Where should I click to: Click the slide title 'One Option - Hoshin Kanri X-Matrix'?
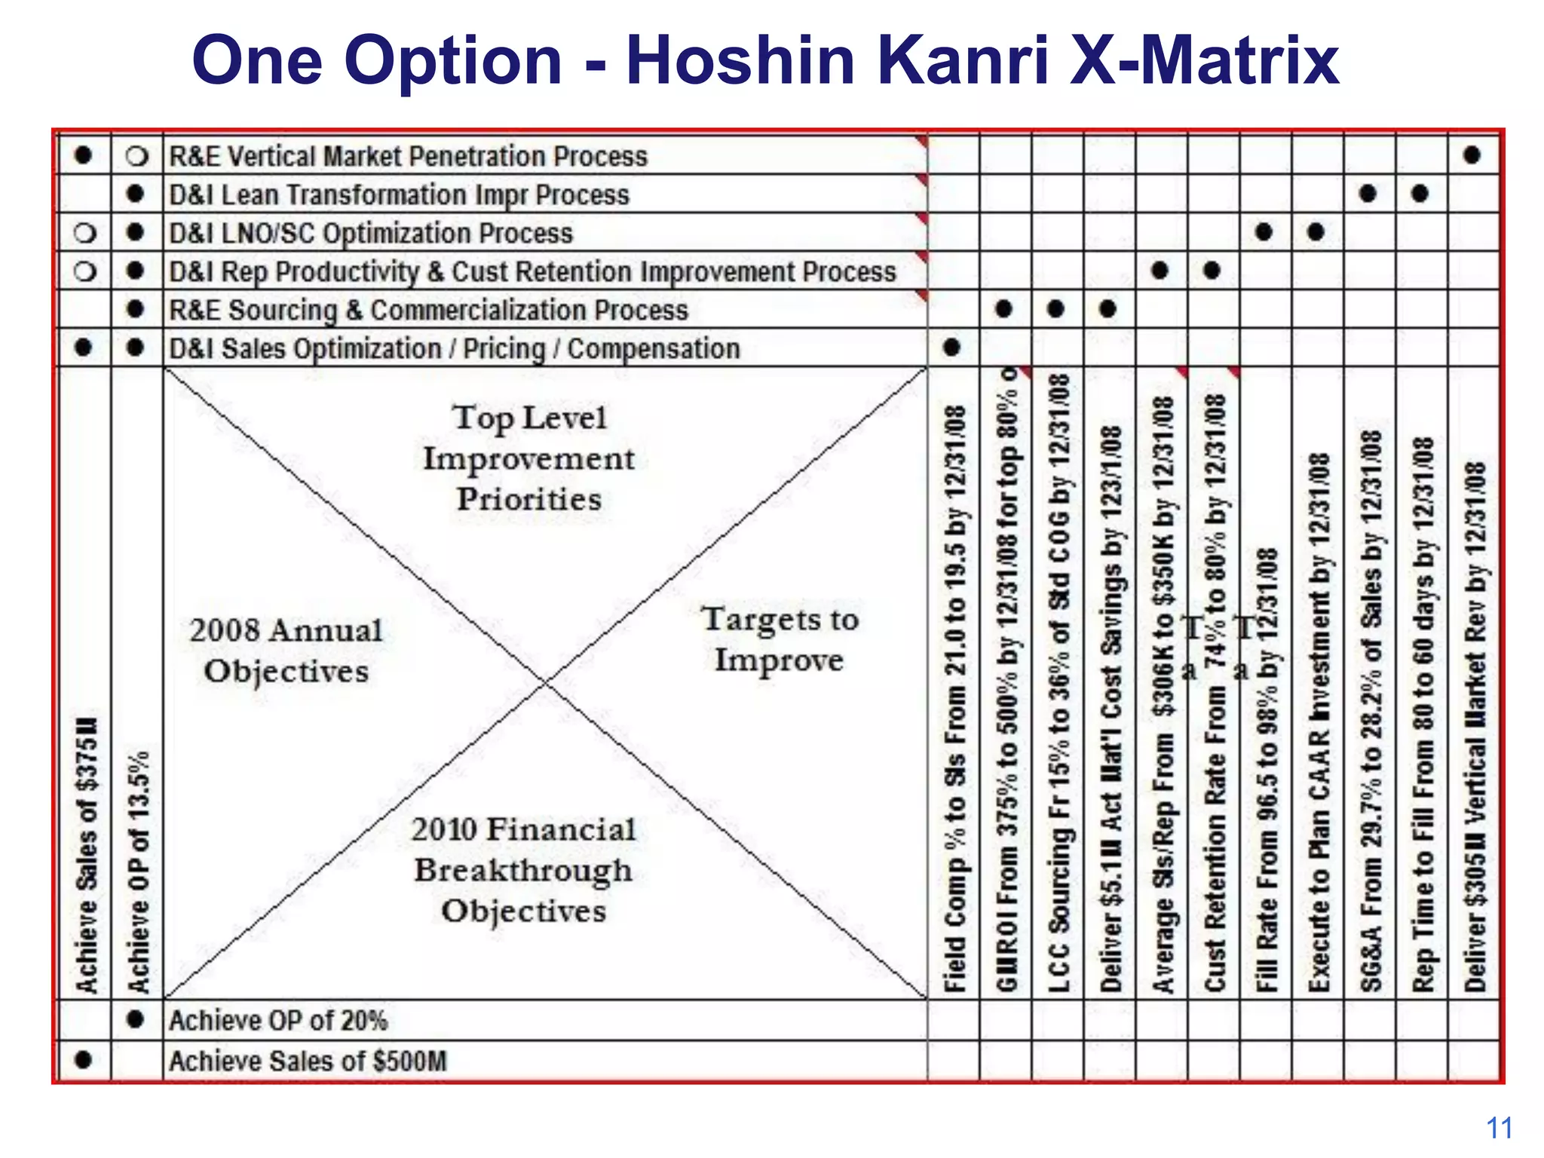764,60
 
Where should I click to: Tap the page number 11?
1499,1129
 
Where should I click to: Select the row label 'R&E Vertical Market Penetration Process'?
408,156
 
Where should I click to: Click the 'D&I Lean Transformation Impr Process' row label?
399,195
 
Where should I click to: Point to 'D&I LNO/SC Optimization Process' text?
371,233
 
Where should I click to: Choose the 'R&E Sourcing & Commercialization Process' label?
428,310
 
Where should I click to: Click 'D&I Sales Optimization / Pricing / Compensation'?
454,349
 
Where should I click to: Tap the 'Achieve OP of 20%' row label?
278,1020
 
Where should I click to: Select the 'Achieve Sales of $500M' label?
308,1061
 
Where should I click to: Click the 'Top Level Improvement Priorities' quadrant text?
529,458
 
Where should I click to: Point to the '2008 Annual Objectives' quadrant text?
286,651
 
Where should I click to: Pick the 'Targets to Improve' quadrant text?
780,639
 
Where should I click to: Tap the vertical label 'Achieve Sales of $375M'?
86,852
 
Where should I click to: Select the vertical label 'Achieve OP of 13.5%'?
138,871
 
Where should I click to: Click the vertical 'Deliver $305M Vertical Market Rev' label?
1475,727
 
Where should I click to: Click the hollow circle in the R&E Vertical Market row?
136,156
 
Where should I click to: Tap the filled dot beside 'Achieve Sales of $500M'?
84,1060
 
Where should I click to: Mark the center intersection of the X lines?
545,683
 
